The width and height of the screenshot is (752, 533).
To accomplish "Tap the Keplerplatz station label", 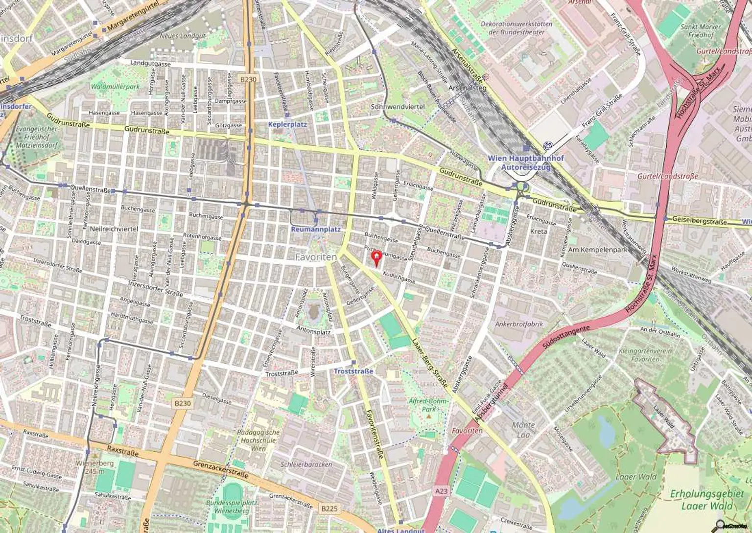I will [x=287, y=124].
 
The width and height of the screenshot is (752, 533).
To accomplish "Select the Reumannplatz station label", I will [x=315, y=229].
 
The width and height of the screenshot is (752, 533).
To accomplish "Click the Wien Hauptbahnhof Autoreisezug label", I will [x=525, y=162].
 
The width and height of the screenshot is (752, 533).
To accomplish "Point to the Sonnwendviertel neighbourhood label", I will [x=398, y=107].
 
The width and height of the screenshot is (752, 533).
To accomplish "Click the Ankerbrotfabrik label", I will [x=519, y=324].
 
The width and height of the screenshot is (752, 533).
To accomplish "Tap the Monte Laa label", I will [x=523, y=430].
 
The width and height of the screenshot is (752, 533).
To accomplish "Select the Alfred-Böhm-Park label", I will [x=428, y=405].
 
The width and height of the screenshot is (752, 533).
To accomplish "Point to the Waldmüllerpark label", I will [x=115, y=87].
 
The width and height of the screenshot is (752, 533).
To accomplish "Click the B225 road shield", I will [x=329, y=509].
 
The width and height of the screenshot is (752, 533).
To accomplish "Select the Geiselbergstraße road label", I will [x=699, y=221].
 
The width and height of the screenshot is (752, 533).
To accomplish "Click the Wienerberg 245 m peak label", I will [x=91, y=467].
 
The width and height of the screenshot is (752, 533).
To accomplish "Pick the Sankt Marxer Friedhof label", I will [x=701, y=31].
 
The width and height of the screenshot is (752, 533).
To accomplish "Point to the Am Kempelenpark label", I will [x=605, y=249].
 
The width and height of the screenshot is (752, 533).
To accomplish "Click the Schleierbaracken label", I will [x=306, y=464].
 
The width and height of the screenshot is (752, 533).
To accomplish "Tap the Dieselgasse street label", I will [x=216, y=399].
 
